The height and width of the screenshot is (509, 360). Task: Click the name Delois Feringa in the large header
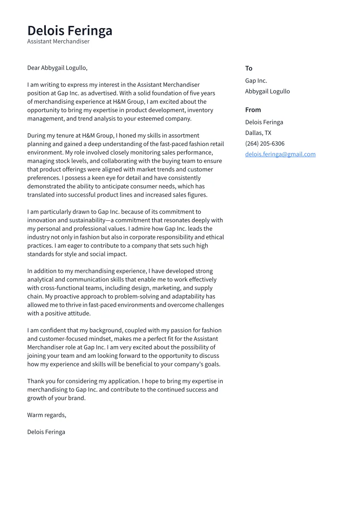tap(70, 31)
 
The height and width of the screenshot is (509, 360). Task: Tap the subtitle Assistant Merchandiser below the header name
tap(58, 41)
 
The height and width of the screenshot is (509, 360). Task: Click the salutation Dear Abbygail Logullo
tap(57, 68)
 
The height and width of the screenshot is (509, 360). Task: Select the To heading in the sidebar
tap(248, 68)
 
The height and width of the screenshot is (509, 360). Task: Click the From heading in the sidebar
tap(253, 110)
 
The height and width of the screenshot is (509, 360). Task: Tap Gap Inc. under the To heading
tap(256, 81)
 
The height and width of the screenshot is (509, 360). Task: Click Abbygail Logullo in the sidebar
tap(267, 92)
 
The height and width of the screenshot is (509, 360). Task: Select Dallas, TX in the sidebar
tap(258, 133)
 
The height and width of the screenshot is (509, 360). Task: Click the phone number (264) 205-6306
tap(264, 143)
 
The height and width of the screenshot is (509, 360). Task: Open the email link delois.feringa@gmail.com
tap(280, 154)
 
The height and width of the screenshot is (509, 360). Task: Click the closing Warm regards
tap(47, 415)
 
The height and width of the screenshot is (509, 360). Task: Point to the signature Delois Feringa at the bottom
tap(46, 432)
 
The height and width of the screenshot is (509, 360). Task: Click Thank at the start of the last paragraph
tap(35, 381)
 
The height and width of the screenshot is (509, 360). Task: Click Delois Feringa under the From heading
tap(264, 122)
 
